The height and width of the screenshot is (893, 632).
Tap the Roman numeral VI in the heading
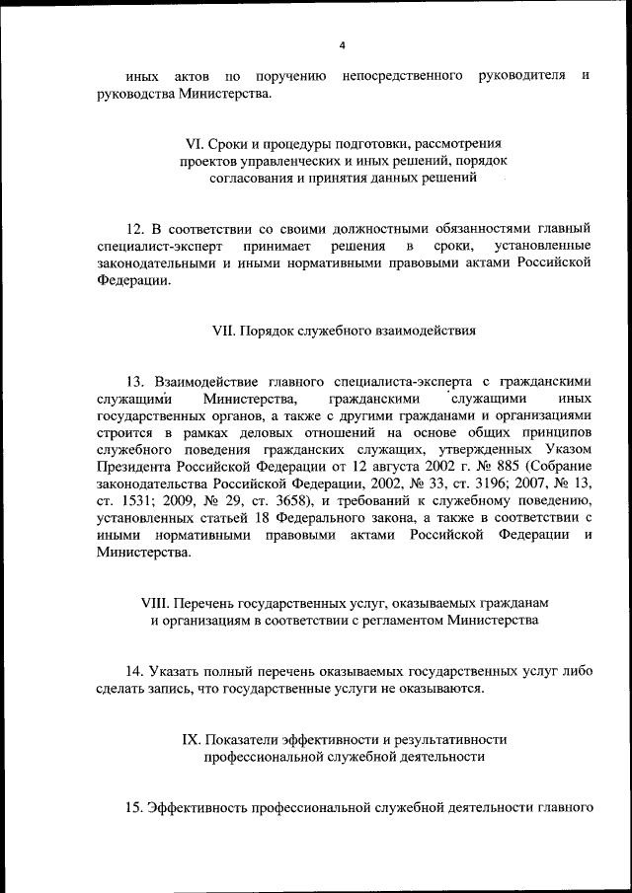180,143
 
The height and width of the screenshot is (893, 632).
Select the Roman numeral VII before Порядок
224,332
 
